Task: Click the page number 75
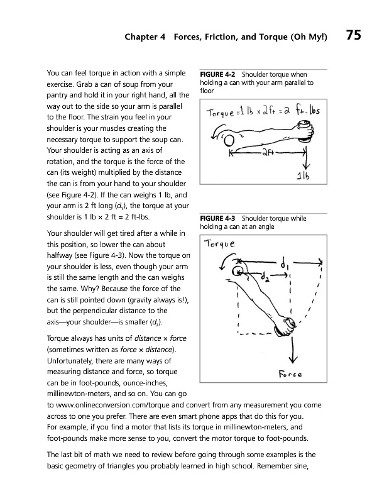[x=353, y=35]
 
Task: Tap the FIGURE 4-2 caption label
[x=217, y=74]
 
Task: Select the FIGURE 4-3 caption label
[x=217, y=218]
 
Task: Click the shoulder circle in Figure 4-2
[x=229, y=140]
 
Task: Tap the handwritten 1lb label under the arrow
[x=303, y=175]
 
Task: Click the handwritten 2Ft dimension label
[x=268, y=153]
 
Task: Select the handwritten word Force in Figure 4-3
[x=290, y=374]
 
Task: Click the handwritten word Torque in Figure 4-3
[x=220, y=244]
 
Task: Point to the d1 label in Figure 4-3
[x=285, y=265]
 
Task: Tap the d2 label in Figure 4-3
[x=265, y=277]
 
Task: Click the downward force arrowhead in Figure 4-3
[x=293, y=359]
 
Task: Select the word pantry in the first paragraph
[x=58, y=96]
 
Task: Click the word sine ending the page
[x=300, y=466]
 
